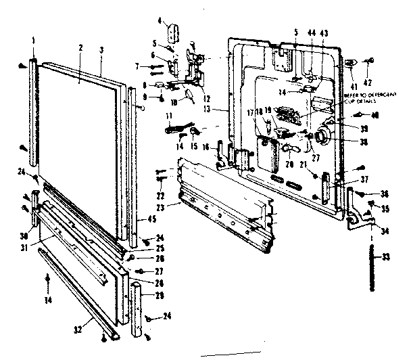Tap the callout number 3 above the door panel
click(x=101, y=50)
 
